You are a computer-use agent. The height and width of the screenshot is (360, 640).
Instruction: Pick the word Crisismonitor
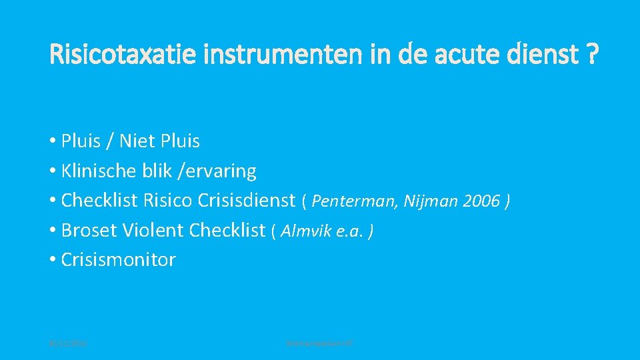[x=118, y=260]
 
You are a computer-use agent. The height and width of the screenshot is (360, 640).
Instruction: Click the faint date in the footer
[x=69, y=343]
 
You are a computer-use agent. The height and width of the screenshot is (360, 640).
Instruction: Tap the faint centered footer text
[x=319, y=343]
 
